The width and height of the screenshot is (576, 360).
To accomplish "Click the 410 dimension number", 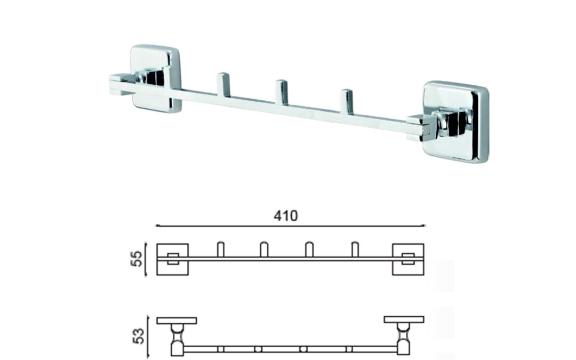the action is click(x=285, y=215).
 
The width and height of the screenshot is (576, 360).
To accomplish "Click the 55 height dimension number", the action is click(x=137, y=259).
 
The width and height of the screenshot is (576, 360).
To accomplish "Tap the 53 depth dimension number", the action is click(x=139, y=336).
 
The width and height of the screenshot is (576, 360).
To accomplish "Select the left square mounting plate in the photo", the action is click(x=155, y=78).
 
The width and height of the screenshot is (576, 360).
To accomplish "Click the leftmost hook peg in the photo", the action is click(x=222, y=85).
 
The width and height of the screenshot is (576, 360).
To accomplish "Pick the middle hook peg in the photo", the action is click(x=281, y=92).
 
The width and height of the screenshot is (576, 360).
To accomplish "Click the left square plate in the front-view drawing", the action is click(x=173, y=259).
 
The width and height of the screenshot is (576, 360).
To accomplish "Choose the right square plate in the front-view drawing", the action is click(x=408, y=259).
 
